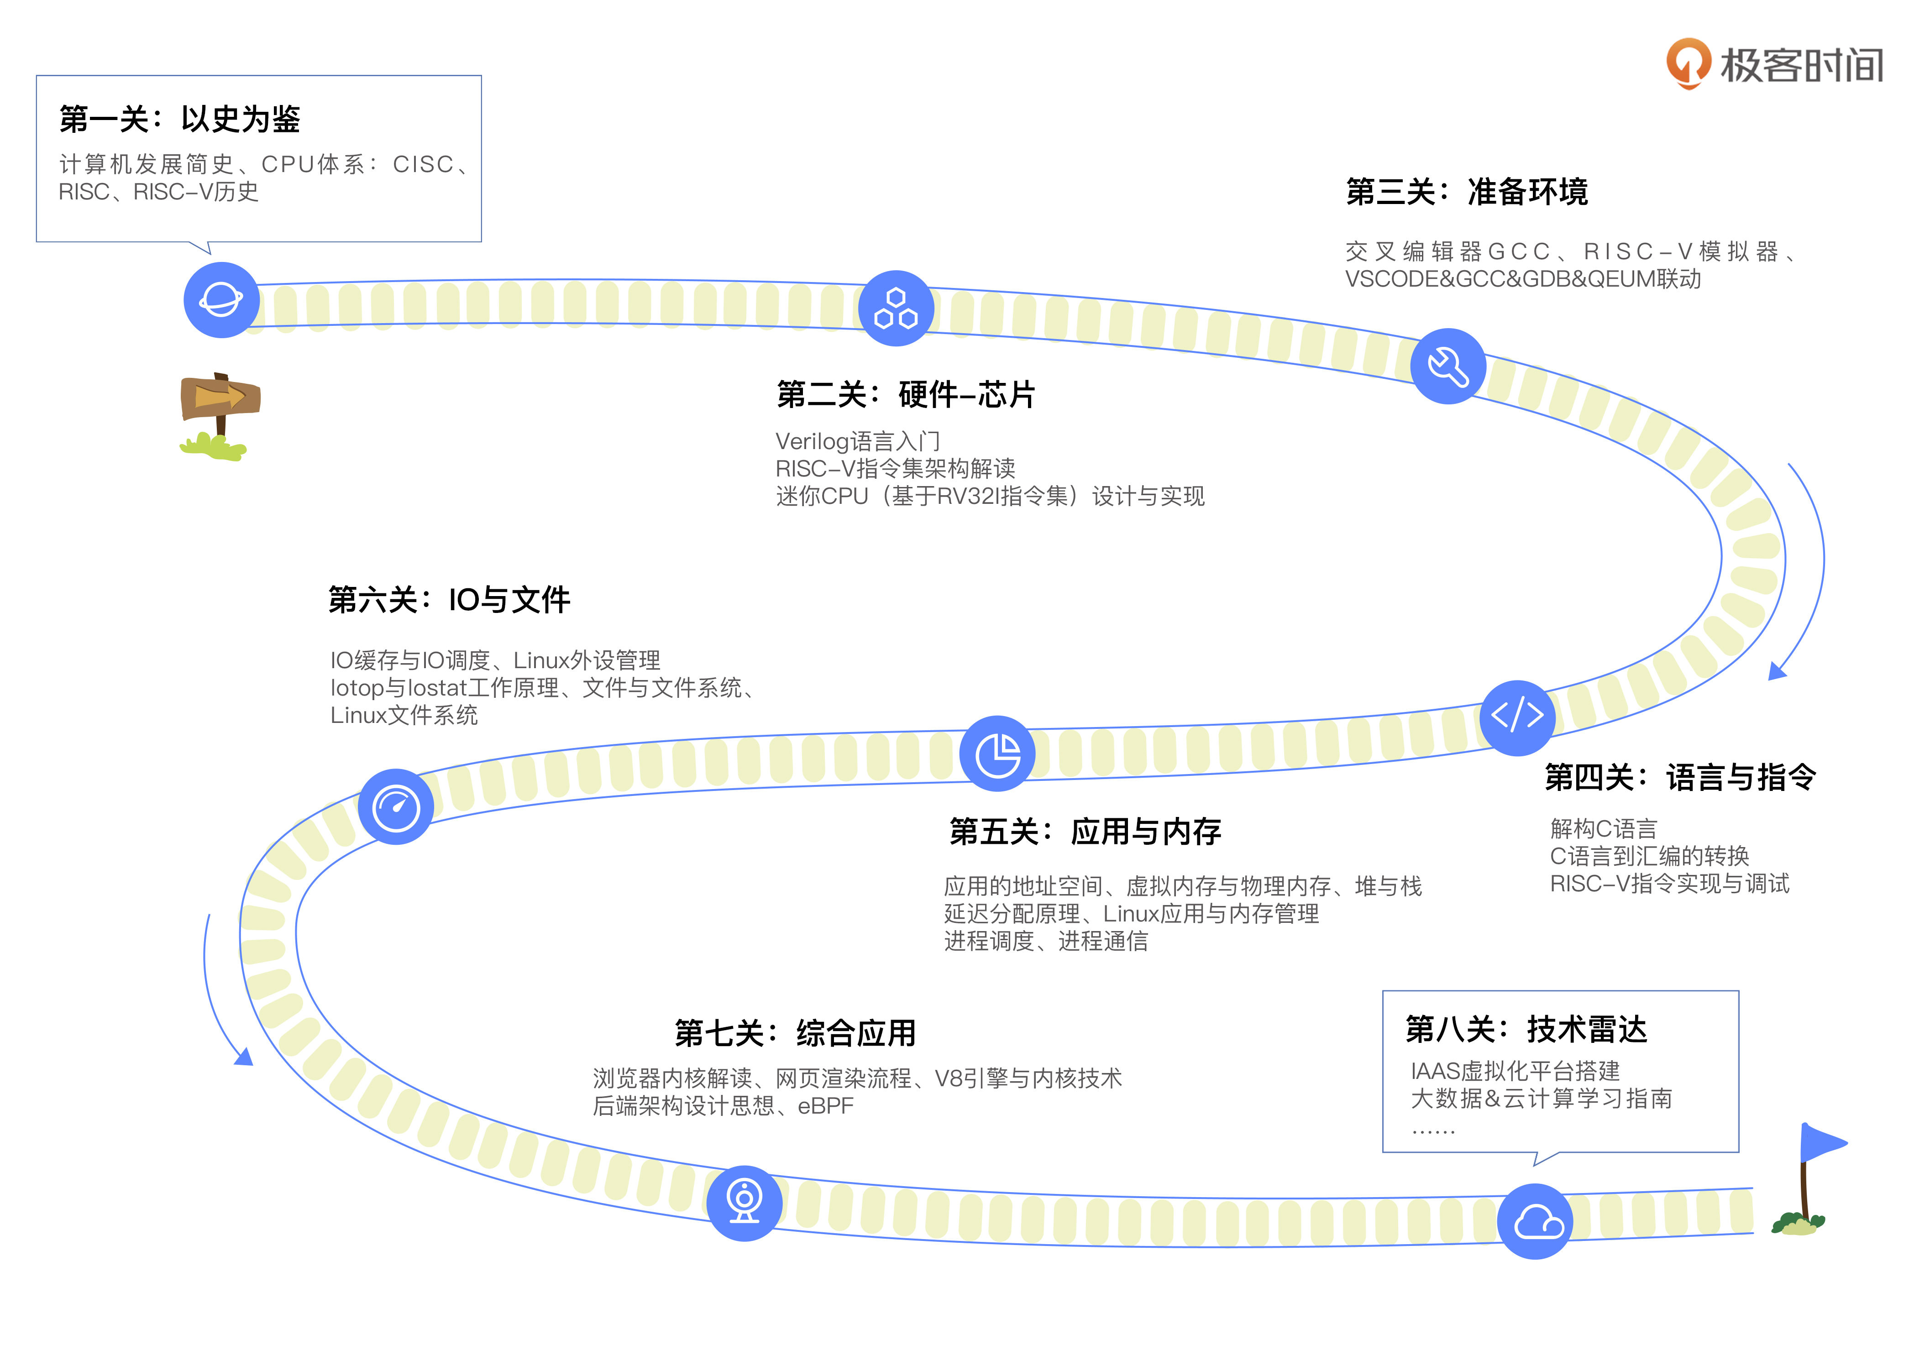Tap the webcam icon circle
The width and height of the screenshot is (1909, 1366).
pos(744,1203)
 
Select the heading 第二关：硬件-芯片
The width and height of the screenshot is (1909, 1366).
pos(905,394)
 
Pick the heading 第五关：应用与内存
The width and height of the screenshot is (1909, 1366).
pos(1085,832)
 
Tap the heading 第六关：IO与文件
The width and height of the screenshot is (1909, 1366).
pos(449,600)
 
